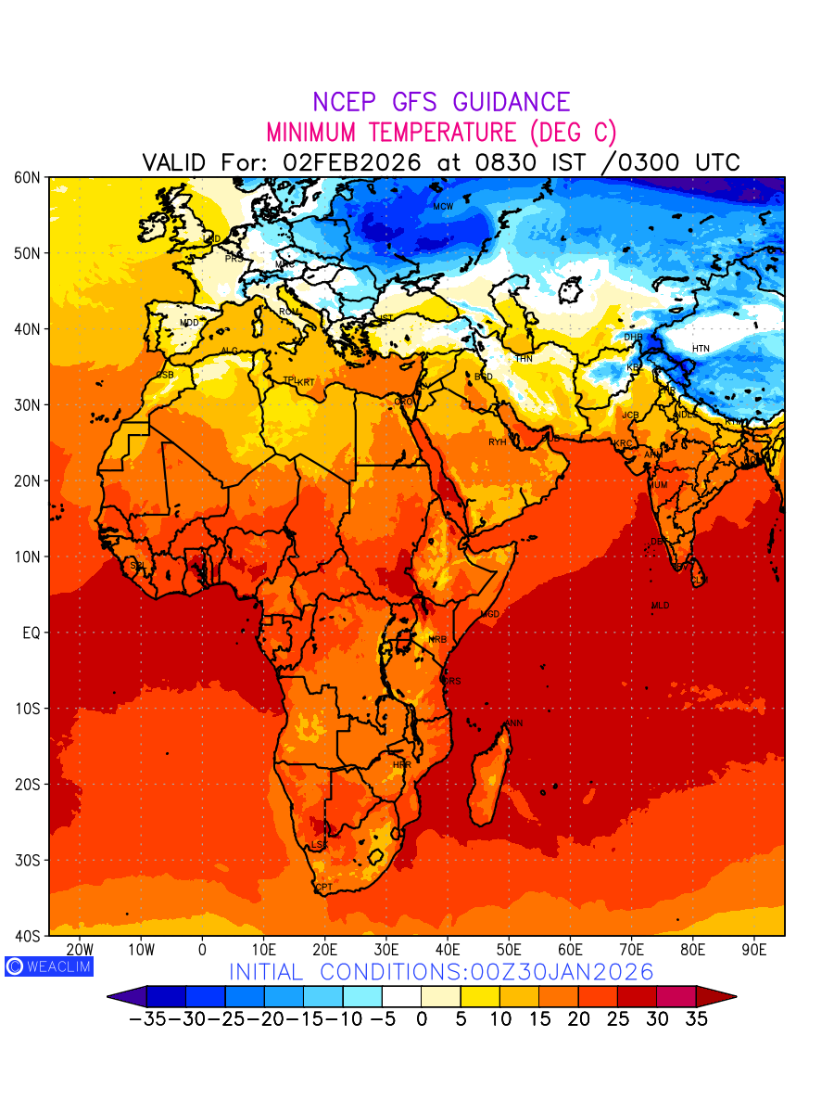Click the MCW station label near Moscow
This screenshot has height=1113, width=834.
point(443,207)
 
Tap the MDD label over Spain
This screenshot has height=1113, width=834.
point(189,323)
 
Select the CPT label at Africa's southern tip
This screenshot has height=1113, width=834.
point(324,888)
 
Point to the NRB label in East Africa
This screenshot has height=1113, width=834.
point(437,640)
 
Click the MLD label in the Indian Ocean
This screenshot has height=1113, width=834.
point(660,606)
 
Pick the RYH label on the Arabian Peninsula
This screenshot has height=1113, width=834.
point(498,442)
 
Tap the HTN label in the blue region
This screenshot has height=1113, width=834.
point(701,349)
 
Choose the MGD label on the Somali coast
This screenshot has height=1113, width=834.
point(489,615)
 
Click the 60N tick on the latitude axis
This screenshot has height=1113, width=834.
point(28,177)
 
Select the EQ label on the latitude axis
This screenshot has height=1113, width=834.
point(31,633)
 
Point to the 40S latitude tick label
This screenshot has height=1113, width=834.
point(28,936)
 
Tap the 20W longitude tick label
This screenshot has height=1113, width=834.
point(81,950)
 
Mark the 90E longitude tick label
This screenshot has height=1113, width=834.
point(754,950)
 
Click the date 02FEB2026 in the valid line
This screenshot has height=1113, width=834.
point(352,162)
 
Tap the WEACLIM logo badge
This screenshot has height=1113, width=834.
point(48,966)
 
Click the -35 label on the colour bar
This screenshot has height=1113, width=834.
point(146,1018)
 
